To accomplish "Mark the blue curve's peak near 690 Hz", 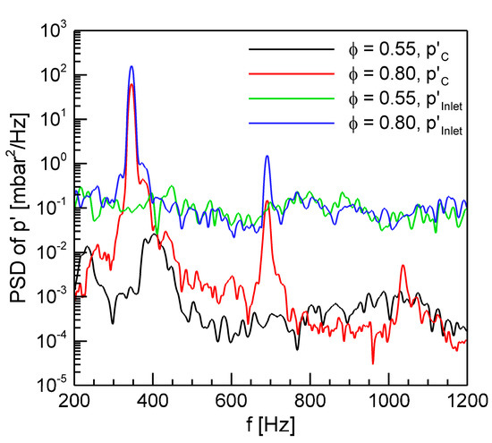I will tap(267, 156).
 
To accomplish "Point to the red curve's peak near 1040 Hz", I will tap(403, 266).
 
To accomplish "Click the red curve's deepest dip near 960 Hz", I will tap(373, 362).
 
